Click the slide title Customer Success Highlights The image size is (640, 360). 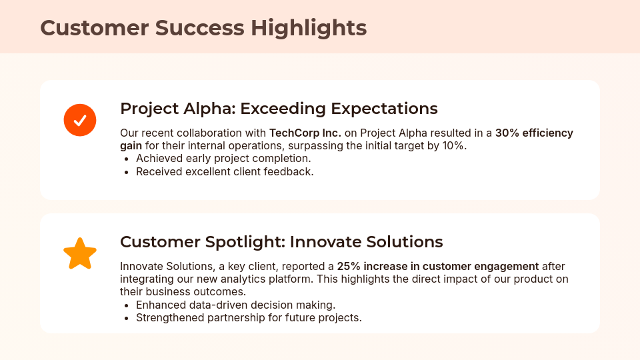click(x=203, y=28)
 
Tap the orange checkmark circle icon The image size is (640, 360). click(x=80, y=120)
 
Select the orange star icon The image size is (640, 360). click(x=80, y=254)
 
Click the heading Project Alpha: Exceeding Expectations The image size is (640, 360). click(x=279, y=109)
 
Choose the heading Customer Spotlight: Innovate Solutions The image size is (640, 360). click(x=281, y=241)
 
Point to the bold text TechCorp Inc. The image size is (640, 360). click(x=305, y=133)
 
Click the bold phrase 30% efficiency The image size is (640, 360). click(x=534, y=133)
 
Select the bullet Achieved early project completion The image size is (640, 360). click(x=223, y=159)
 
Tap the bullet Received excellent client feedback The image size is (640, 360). click(x=225, y=171)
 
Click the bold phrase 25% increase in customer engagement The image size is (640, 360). click(x=437, y=266)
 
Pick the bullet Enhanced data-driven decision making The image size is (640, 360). click(x=235, y=305)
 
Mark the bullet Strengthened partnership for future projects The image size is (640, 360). click(x=249, y=317)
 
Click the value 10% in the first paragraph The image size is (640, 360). click(x=453, y=145)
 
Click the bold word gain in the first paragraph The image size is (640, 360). click(x=131, y=145)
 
